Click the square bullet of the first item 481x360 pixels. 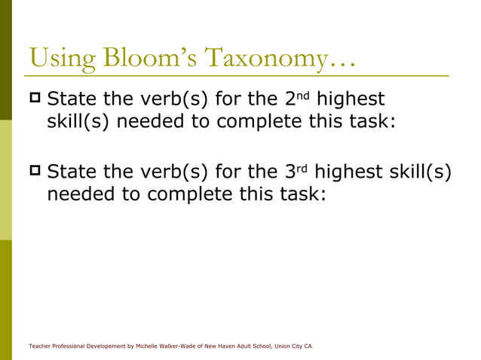point(35,99)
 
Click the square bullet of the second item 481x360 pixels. point(35,172)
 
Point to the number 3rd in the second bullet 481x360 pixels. point(302,173)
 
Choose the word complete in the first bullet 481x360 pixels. point(255,122)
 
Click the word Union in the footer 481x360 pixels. point(287,346)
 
